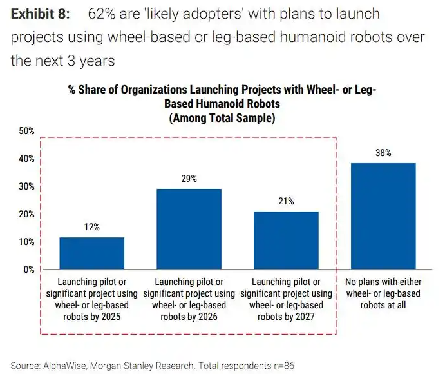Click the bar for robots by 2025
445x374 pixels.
[x=91, y=253]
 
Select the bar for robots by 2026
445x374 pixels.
[x=189, y=229]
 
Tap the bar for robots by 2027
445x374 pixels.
[x=286, y=240]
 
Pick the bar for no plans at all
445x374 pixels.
[x=383, y=216]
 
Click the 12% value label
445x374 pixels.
[x=91, y=227]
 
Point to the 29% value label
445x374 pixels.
[x=189, y=178]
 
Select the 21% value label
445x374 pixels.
[x=286, y=201]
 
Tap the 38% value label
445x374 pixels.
[x=383, y=153]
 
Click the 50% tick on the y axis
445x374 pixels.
[x=26, y=131]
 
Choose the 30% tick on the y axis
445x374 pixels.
[x=26, y=186]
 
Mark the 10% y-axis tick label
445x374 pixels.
[x=26, y=242]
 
